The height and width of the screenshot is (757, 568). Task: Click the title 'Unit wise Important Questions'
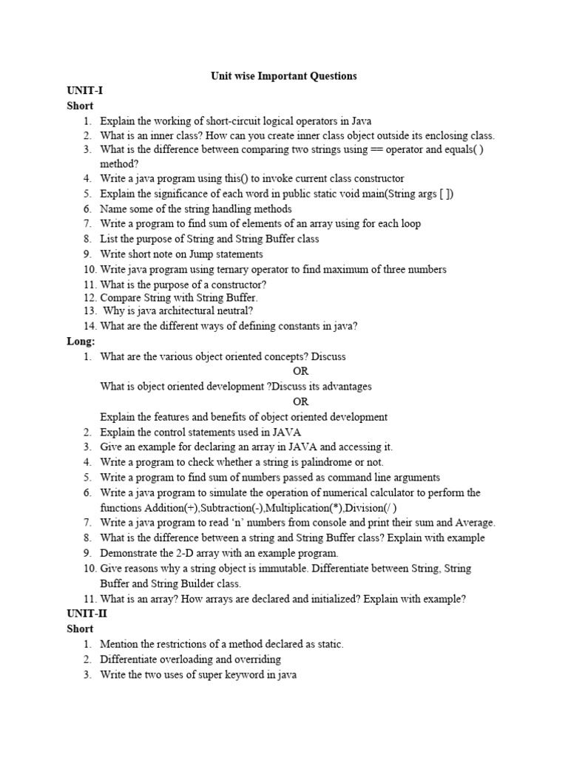click(284, 76)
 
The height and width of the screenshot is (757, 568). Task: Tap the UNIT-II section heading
click(87, 614)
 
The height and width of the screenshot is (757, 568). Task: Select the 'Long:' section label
click(81, 342)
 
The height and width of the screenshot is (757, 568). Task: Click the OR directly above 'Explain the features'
click(300, 401)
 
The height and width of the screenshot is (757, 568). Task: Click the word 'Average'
click(471, 523)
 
